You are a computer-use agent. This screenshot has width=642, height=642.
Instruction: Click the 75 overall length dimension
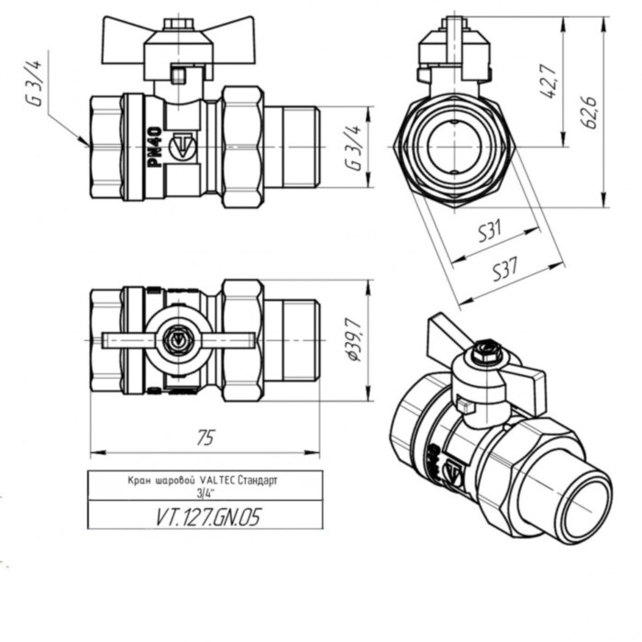tap(205, 439)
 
